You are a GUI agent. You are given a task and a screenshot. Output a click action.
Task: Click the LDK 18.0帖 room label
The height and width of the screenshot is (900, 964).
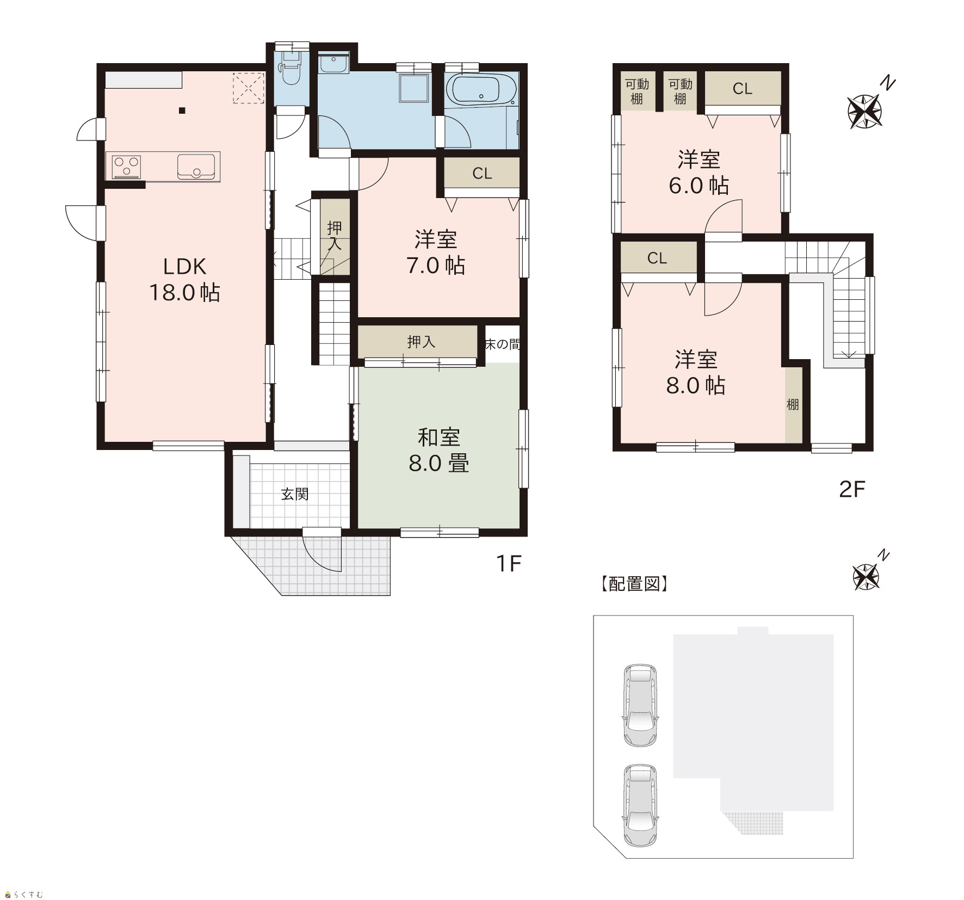coord(185,280)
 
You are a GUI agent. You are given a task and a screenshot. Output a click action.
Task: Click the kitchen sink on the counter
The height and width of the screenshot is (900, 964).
coord(196,166)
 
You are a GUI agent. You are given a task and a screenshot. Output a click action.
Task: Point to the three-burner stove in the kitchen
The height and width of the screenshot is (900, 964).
coord(127,167)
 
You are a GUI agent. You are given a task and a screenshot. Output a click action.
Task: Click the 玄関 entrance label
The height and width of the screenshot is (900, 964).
coord(295,494)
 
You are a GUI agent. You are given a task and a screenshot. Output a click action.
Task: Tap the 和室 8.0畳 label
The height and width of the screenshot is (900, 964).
coord(438,450)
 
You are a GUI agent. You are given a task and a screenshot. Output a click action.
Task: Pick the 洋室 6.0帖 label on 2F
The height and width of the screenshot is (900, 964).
coord(699,172)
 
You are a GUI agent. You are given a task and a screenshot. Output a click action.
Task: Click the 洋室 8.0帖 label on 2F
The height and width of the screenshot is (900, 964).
coord(696,372)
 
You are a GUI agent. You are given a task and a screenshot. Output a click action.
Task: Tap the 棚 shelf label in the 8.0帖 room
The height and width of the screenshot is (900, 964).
coord(793,404)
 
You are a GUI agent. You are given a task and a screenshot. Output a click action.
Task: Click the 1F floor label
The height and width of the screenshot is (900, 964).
coord(509,564)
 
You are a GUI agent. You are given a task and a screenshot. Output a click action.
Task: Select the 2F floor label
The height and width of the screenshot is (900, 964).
coord(852,489)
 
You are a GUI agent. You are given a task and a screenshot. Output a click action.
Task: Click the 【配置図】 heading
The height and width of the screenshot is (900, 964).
coord(634,584)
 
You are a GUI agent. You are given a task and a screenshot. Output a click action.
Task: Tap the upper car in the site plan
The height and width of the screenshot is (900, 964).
coord(641,705)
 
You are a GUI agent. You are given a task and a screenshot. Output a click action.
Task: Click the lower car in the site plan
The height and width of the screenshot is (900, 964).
coord(641,806)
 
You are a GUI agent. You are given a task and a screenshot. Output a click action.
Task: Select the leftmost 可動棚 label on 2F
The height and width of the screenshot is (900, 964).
coord(637,91)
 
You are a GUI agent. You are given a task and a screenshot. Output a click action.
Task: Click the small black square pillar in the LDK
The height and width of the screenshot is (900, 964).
coord(182,111)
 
